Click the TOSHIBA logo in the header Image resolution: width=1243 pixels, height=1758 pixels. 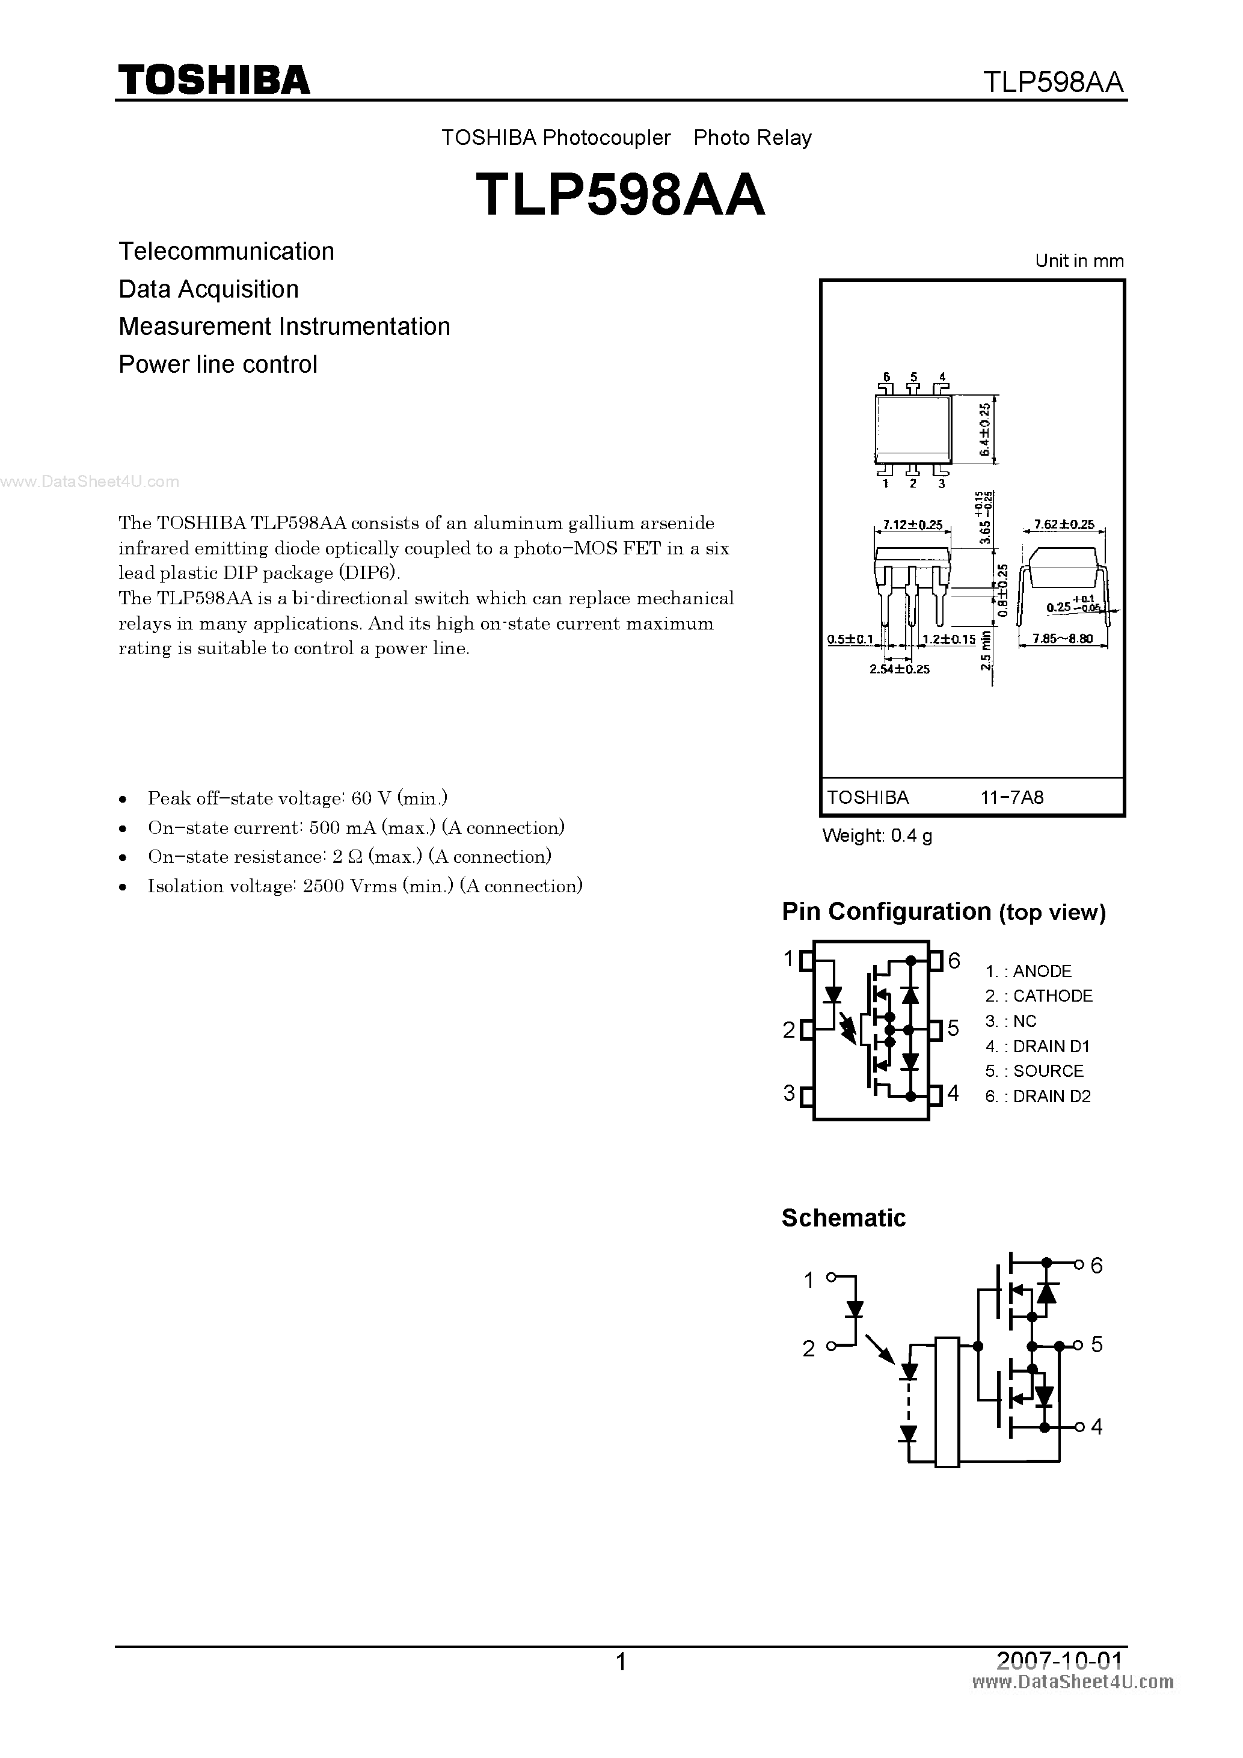tap(213, 79)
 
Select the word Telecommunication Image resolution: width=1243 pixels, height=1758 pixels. tap(226, 251)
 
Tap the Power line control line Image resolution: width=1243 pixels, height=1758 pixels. tap(218, 364)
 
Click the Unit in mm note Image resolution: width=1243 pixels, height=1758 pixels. tap(1079, 261)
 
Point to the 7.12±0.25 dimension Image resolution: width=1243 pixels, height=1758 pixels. tap(912, 525)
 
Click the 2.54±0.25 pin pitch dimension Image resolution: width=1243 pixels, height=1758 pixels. tap(899, 669)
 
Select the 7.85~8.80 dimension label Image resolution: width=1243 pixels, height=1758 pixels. tap(1062, 639)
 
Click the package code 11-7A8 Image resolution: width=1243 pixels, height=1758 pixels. tap(1011, 797)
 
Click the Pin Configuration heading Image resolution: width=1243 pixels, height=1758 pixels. tap(943, 912)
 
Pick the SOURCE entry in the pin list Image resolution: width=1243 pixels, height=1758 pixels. tap(1035, 1071)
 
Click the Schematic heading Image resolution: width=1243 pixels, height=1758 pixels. tap(843, 1218)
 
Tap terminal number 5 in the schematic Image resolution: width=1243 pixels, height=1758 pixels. tap(1097, 1344)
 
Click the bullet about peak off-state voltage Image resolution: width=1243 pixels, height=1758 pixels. tap(297, 798)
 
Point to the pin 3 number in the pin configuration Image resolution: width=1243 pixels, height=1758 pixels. tap(789, 1094)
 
